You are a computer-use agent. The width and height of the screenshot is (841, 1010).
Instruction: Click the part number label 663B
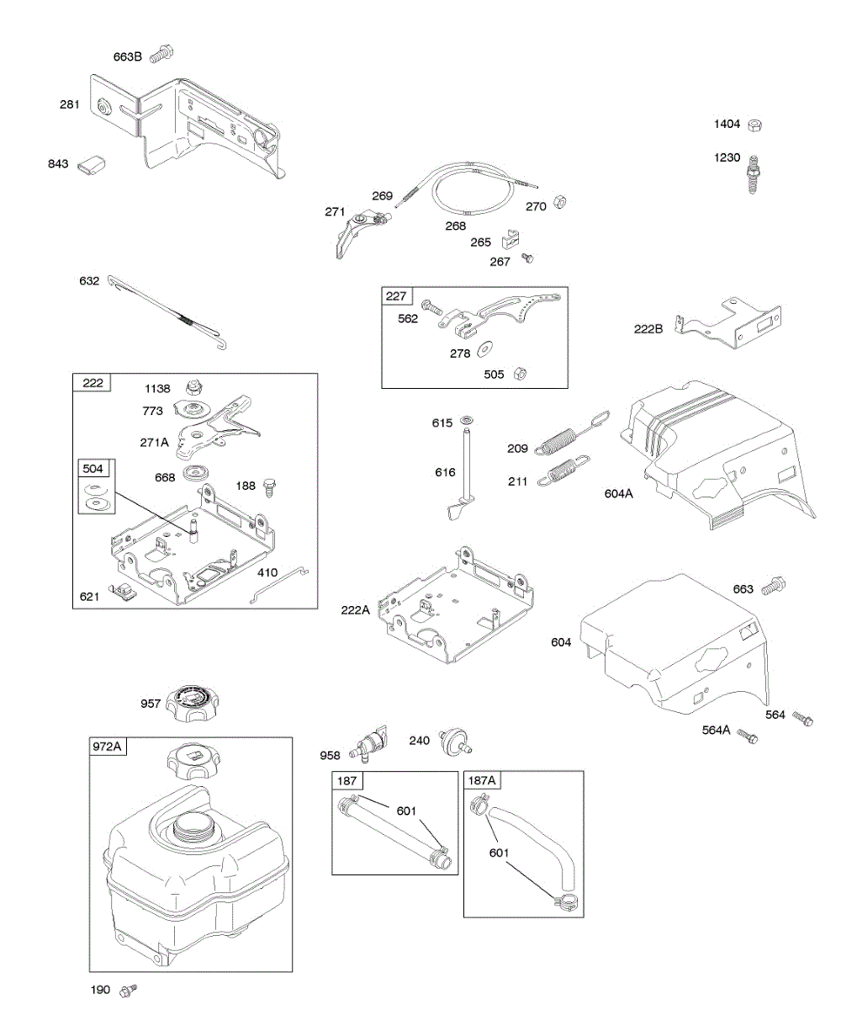tap(128, 57)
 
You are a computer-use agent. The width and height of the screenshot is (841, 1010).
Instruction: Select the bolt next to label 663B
tap(161, 55)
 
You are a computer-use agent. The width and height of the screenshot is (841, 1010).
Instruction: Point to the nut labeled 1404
tap(755, 125)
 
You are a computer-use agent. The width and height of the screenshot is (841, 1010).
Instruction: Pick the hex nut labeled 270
tap(560, 205)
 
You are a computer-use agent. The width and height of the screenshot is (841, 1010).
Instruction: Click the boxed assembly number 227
tap(396, 295)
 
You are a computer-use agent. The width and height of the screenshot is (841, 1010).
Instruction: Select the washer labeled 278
tap(486, 348)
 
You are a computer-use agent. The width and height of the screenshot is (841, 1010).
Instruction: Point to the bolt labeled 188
tap(271, 486)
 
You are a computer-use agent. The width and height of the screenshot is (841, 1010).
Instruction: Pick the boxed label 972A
tap(108, 746)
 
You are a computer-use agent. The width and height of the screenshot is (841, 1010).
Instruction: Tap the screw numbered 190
tap(128, 989)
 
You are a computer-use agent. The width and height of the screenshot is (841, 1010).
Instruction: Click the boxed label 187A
tap(482, 780)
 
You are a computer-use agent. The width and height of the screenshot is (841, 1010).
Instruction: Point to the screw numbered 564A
tap(747, 736)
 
